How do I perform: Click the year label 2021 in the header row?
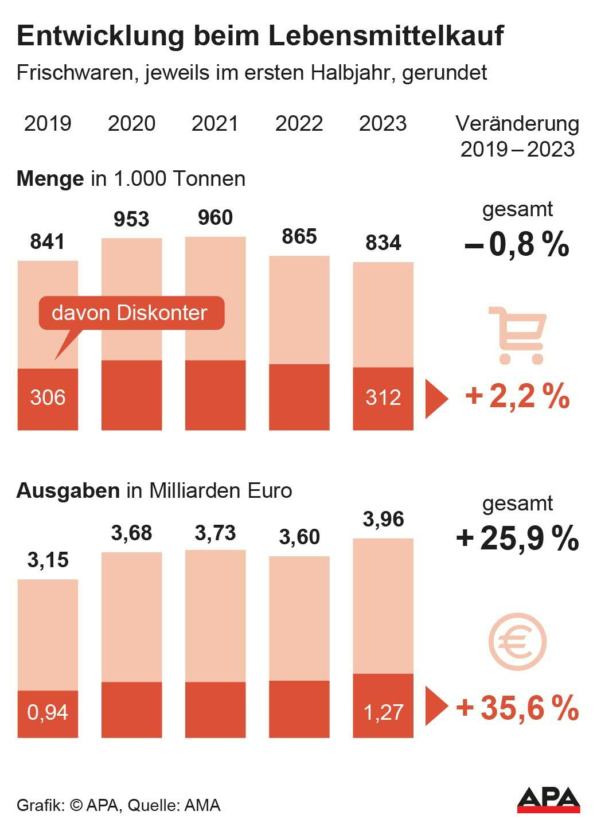click(215, 123)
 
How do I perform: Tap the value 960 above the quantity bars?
click(215, 218)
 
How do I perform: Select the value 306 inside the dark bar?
click(48, 397)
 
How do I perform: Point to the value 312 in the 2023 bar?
click(383, 397)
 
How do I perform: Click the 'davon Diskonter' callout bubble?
click(131, 313)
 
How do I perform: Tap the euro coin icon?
click(517, 642)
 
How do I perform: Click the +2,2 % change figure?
click(517, 396)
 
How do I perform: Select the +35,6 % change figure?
click(517, 708)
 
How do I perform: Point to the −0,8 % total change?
click(517, 244)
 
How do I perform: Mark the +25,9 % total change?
click(517, 539)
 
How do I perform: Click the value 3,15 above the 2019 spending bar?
click(48, 560)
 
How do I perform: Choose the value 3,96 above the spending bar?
click(383, 519)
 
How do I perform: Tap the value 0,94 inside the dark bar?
click(48, 712)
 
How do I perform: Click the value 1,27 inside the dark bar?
click(383, 712)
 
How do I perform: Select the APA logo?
click(548, 799)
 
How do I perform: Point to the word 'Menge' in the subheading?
click(50, 179)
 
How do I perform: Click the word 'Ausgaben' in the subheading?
click(68, 491)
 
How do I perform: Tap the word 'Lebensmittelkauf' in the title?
click(385, 36)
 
